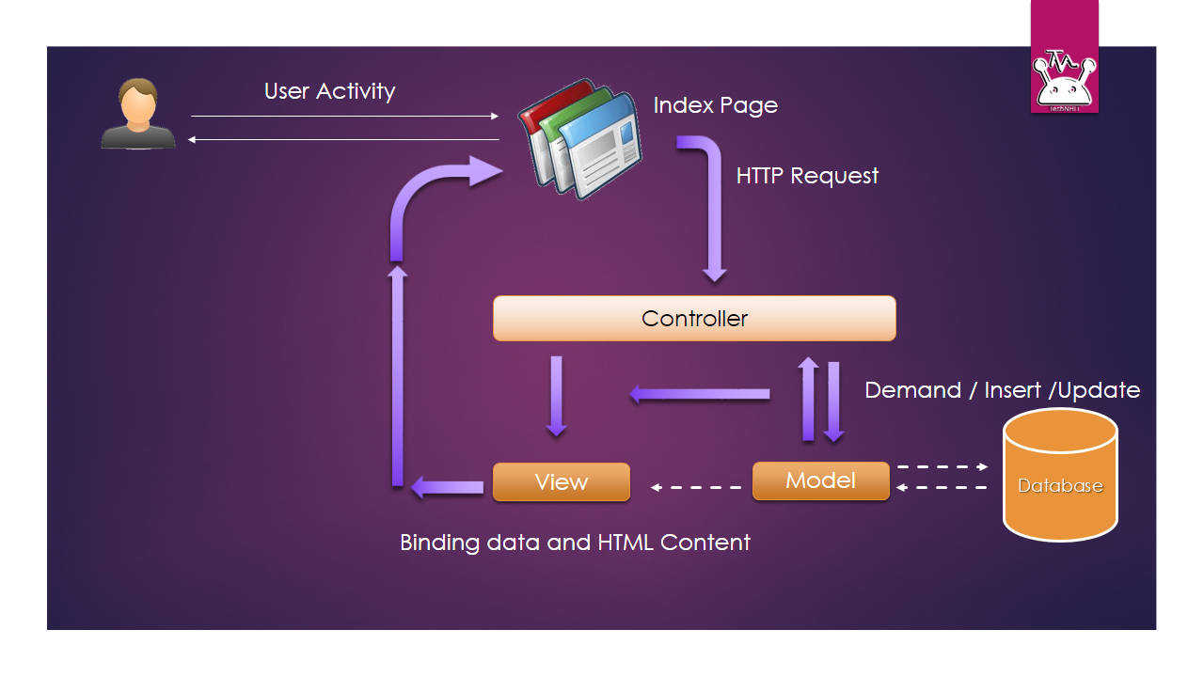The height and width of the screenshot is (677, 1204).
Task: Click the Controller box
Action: pos(694,318)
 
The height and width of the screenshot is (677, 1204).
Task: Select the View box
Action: pos(562,481)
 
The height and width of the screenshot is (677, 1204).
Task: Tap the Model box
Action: pos(820,480)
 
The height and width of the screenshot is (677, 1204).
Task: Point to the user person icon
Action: pos(138,114)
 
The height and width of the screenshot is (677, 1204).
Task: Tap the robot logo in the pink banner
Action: pos(1064,81)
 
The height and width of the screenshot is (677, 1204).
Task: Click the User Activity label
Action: pos(329,91)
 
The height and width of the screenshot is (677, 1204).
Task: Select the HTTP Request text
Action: pos(807,176)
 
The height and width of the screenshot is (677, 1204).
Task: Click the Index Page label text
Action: pos(715,105)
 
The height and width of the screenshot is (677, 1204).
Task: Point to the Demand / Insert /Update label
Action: pos(1002,390)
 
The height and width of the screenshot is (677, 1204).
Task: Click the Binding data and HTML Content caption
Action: pos(575,543)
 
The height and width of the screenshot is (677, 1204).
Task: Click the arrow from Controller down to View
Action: pos(557,396)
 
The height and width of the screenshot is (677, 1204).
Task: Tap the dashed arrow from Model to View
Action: pos(697,487)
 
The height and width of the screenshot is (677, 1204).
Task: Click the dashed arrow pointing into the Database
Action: pos(942,466)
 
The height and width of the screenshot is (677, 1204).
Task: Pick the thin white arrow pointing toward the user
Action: pos(343,140)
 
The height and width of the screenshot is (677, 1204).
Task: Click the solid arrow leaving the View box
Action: pos(448,487)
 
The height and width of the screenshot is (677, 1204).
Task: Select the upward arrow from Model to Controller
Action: pos(808,399)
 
